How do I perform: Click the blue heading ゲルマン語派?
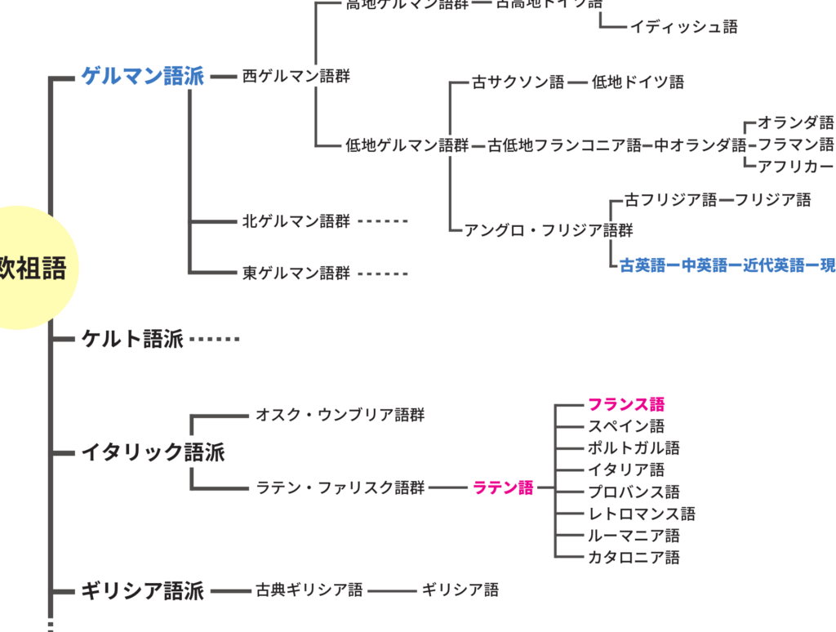tap(142, 77)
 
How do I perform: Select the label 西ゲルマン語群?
tap(296, 77)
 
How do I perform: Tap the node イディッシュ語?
tap(683, 27)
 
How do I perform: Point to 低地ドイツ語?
tap(638, 82)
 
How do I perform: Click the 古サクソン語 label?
tap(518, 82)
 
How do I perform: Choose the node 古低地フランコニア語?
tap(565, 146)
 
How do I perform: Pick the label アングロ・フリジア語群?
tap(548, 230)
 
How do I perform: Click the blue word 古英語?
tap(643, 265)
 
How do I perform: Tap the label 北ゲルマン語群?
tap(296, 221)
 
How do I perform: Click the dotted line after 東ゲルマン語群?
tap(382, 274)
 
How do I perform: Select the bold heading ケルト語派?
tap(132, 339)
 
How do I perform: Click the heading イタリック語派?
tap(153, 452)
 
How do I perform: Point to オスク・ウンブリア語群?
tap(340, 415)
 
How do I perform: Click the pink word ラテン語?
tap(503, 488)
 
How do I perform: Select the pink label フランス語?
tap(626, 404)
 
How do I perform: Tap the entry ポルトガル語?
tap(634, 448)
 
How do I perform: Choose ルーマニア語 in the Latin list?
tap(634, 536)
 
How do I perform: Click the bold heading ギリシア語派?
tap(142, 590)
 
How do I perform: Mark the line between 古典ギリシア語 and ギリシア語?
tap(393, 590)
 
